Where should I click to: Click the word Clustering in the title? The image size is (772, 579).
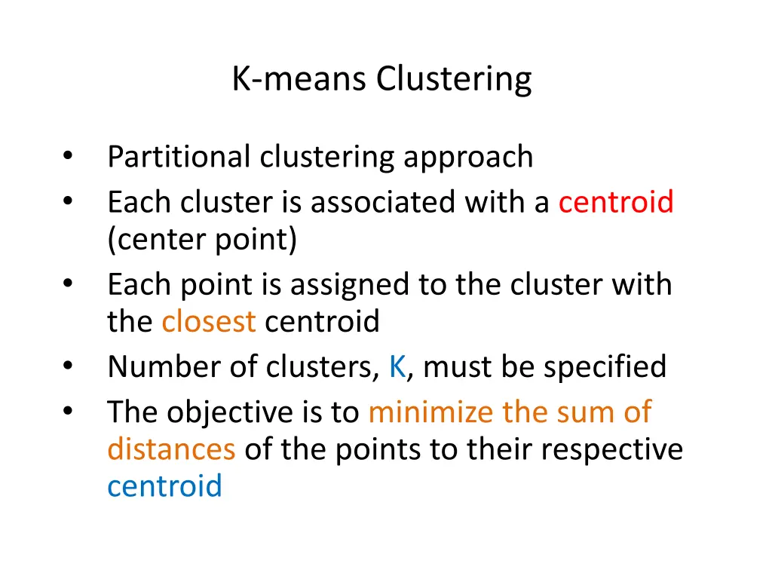pyautogui.click(x=455, y=78)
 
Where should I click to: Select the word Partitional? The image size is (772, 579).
pyautogui.click(x=179, y=157)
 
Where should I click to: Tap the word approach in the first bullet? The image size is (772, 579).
pyautogui.click(x=468, y=157)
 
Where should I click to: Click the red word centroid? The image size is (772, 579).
pyautogui.click(x=616, y=202)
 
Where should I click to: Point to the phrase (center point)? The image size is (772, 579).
pyautogui.click(x=202, y=240)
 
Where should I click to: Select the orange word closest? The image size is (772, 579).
pyautogui.click(x=209, y=322)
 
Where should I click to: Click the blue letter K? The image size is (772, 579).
pyautogui.click(x=397, y=367)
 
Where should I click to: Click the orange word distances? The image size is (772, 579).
pyautogui.click(x=171, y=449)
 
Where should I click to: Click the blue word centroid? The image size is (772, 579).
pyautogui.click(x=164, y=486)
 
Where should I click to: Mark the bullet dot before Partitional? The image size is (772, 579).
pyautogui.click(x=68, y=157)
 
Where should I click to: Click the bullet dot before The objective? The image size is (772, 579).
pyautogui.click(x=68, y=412)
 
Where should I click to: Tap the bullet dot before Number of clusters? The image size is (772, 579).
pyautogui.click(x=68, y=367)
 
